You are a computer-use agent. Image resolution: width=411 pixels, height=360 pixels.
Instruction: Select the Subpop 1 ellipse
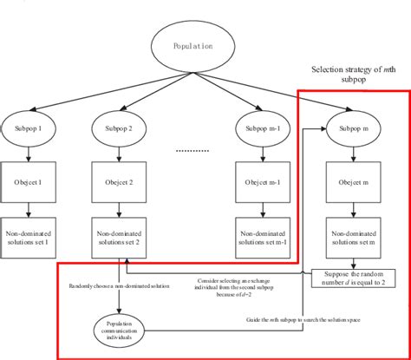[29, 129]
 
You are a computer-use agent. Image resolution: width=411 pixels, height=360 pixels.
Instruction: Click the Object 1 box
[29, 183]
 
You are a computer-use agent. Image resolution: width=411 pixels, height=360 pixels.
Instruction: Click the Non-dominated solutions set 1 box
[30, 236]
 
